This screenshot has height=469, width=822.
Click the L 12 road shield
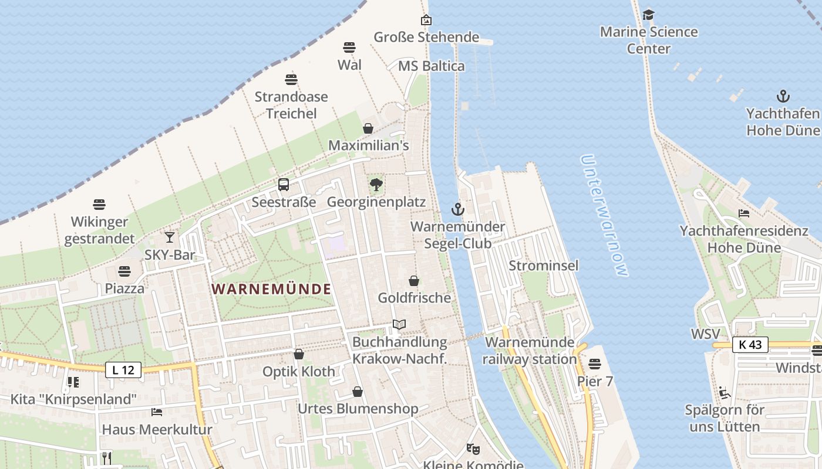click(x=123, y=369)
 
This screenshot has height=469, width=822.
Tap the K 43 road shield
click(x=750, y=345)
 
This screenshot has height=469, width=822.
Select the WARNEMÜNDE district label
click(x=271, y=289)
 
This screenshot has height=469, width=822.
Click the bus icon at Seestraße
click(x=284, y=185)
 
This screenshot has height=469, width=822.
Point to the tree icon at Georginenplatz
click(x=376, y=185)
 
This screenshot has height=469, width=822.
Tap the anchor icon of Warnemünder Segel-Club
click(x=457, y=209)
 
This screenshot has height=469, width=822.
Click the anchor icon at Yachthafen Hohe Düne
click(x=783, y=96)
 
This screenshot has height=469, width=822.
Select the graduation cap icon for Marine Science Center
click(x=648, y=15)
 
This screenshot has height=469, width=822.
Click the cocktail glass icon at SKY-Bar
click(x=170, y=237)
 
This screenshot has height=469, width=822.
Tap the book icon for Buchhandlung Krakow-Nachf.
click(x=399, y=324)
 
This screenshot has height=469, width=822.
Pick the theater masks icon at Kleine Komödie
click(x=473, y=449)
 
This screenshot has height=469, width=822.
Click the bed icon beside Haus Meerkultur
click(x=157, y=412)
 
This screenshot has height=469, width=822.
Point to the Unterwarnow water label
click(x=604, y=215)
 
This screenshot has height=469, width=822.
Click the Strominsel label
click(x=543, y=266)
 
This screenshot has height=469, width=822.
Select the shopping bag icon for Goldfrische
click(x=414, y=281)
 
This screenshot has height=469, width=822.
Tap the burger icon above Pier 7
click(x=595, y=364)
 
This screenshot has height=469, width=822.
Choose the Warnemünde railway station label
click(x=530, y=351)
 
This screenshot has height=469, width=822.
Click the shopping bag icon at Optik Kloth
click(x=299, y=354)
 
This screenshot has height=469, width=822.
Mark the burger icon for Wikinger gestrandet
click(x=99, y=205)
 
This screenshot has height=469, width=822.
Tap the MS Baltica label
click(x=431, y=66)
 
